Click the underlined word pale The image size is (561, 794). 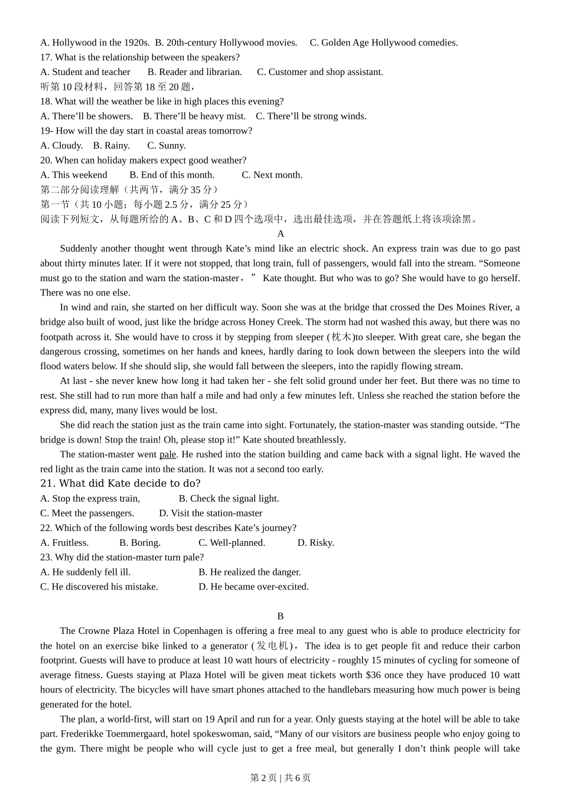[168, 454]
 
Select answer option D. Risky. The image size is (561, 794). [315, 542]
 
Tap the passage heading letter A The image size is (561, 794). [280, 234]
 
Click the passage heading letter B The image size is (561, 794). [280, 616]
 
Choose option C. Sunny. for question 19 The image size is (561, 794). [166, 145]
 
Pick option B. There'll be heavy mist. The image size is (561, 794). [194, 116]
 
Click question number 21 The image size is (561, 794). [47, 483]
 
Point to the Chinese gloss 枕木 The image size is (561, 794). [341, 337]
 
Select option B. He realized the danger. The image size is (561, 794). [249, 572]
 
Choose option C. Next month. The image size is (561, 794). [272, 175]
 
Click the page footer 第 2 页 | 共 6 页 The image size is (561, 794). [280, 777]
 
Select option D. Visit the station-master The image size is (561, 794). [210, 513]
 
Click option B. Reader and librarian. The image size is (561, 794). [194, 72]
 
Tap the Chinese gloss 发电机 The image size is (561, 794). [274, 646]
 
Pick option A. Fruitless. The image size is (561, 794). [64, 542]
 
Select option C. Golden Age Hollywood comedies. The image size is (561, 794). [384, 43]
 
